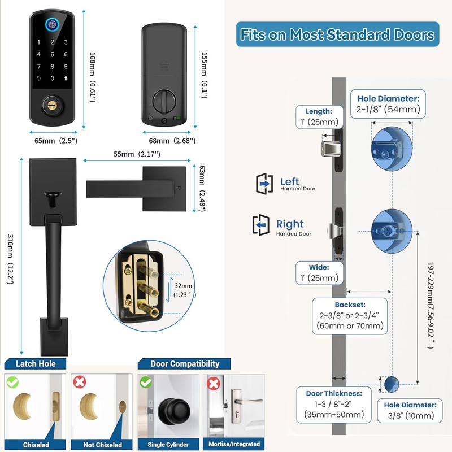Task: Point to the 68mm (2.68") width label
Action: click(168, 140)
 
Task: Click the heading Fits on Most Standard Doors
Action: click(337, 34)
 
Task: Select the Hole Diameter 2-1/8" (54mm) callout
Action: click(388, 103)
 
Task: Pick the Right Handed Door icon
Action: click(261, 225)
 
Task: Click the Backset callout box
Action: click(350, 315)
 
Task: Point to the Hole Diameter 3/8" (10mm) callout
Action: click(410, 411)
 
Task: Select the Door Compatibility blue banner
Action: click(185, 364)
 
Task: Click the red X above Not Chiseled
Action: click(80, 383)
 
